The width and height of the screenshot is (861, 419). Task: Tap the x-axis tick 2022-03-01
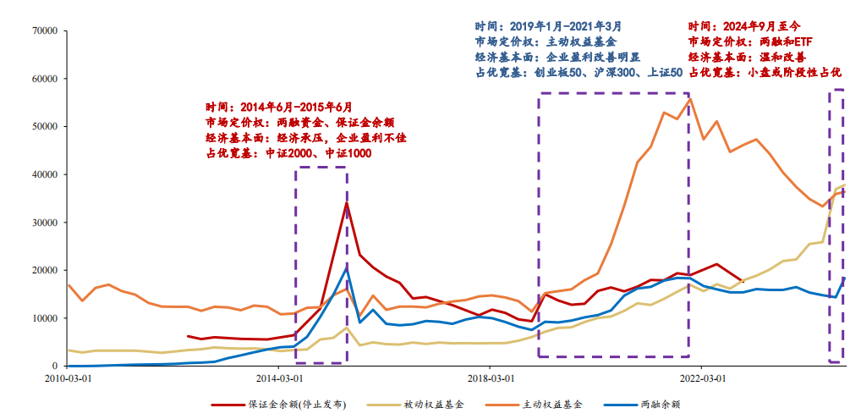point(701,378)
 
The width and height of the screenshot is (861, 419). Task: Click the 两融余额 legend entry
point(660,405)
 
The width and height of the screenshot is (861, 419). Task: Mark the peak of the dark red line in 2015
point(347,202)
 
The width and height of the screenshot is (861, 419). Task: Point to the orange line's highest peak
point(690,99)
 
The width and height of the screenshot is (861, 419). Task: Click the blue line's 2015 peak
point(347,269)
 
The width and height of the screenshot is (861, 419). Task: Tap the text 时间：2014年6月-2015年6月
point(278,108)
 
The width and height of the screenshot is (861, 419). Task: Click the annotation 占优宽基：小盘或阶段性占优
point(765,72)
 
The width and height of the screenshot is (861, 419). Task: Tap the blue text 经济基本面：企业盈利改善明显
point(557,57)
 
